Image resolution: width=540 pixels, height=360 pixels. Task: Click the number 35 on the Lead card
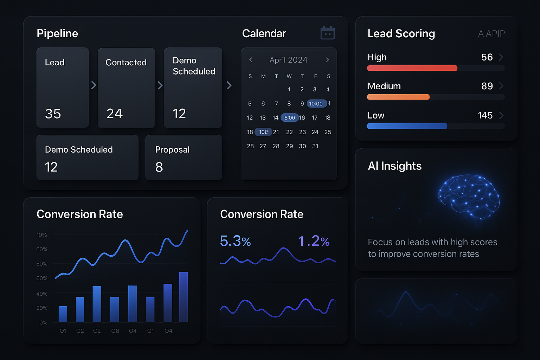point(53,114)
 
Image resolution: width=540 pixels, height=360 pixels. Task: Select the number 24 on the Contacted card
point(115,114)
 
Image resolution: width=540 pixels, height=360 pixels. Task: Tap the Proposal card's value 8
point(159,167)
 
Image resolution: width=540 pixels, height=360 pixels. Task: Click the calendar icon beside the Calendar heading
point(327,33)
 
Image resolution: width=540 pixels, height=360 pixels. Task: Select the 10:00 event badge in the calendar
point(316,103)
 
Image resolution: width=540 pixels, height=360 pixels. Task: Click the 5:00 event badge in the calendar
point(290,118)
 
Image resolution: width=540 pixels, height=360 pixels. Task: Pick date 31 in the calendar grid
point(315,146)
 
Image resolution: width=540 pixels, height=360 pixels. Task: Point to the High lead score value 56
point(487,57)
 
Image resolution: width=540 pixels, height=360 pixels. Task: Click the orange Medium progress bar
point(398,97)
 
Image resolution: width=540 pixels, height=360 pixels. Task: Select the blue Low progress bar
point(407,126)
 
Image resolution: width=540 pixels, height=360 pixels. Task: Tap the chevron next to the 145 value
point(501,115)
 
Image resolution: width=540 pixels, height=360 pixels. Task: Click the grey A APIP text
point(491,34)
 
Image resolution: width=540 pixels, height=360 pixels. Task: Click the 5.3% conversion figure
point(235,241)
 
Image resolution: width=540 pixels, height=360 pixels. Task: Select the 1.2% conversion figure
point(314,241)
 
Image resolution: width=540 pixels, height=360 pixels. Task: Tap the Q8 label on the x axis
point(115,331)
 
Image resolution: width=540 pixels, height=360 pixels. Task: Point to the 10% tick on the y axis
point(41,235)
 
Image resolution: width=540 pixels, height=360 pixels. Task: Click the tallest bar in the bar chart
point(184,297)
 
